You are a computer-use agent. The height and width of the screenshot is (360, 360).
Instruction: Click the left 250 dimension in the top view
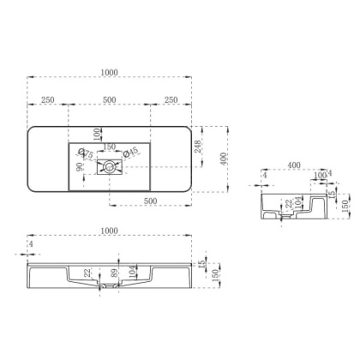coord(48,101)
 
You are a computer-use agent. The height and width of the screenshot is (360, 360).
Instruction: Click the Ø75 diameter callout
coord(87,155)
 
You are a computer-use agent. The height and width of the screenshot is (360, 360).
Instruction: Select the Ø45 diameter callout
coord(130,153)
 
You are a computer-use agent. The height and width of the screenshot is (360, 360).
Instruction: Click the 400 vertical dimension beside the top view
coord(225,159)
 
